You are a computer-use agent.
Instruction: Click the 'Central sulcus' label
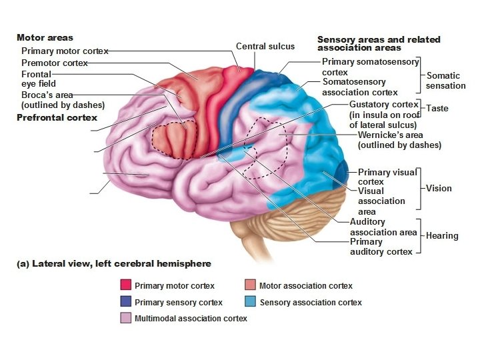click(x=265, y=47)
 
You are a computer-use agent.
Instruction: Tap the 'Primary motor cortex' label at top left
click(x=65, y=51)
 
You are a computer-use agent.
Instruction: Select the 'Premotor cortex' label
click(x=55, y=63)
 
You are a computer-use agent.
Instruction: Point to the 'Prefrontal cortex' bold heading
click(x=57, y=117)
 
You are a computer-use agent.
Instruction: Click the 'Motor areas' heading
click(x=45, y=38)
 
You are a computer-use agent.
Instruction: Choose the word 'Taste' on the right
click(x=437, y=108)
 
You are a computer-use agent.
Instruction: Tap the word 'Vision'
click(x=439, y=188)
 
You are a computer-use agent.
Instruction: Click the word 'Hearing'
click(x=442, y=235)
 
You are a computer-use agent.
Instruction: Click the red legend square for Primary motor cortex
click(x=125, y=285)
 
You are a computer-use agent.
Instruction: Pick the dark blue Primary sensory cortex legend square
click(x=125, y=302)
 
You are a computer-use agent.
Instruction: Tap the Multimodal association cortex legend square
click(x=125, y=319)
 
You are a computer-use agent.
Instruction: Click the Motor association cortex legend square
click(x=250, y=285)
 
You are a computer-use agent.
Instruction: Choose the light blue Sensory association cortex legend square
click(x=250, y=302)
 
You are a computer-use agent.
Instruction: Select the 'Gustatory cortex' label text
click(x=384, y=105)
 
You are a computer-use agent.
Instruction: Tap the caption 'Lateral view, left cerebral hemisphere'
click(x=113, y=263)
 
